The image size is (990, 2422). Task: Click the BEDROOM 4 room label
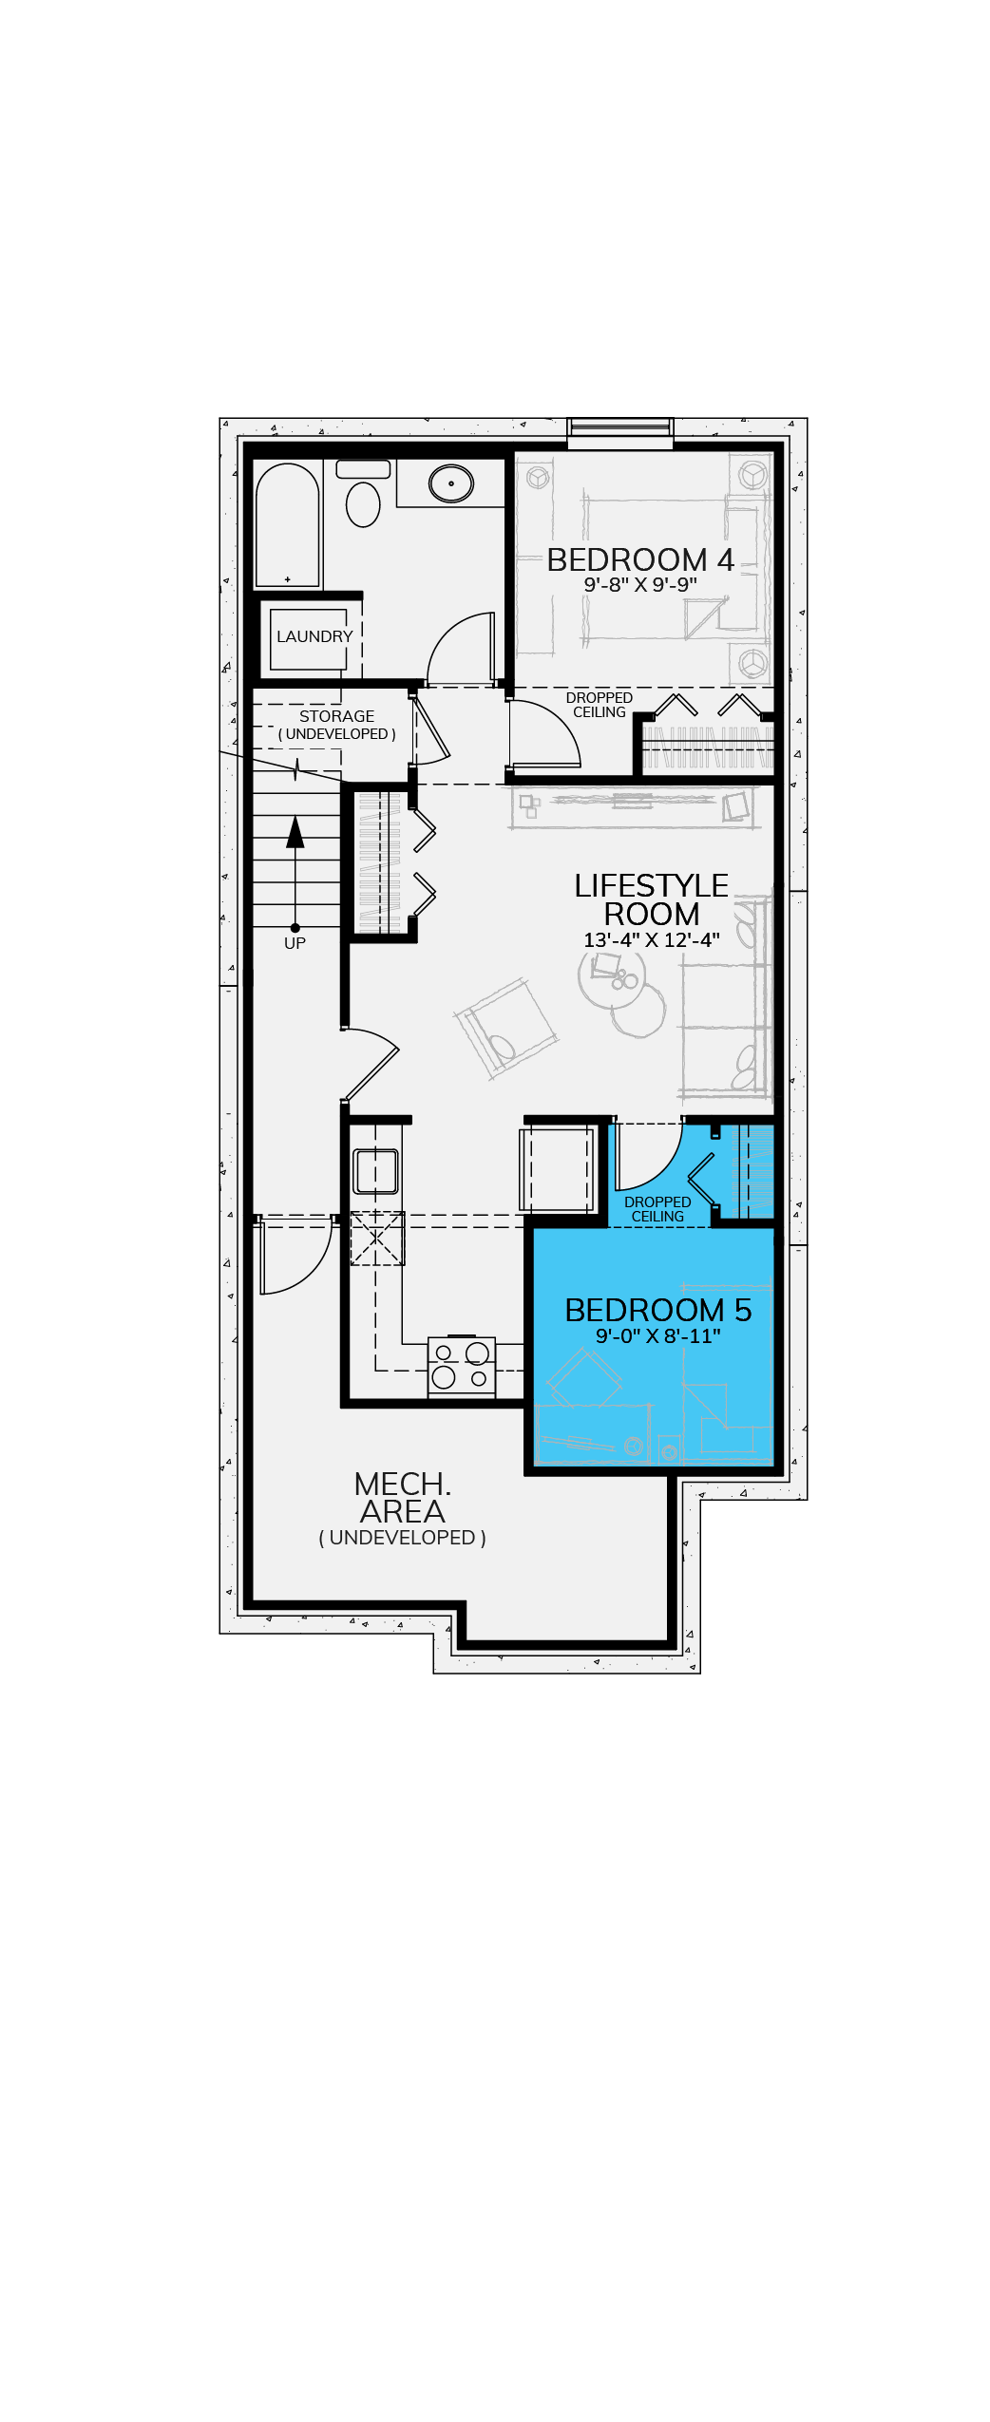(x=640, y=559)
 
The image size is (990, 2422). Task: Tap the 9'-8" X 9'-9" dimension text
(x=640, y=585)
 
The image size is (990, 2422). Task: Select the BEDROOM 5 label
(x=658, y=1310)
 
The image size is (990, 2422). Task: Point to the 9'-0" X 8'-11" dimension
(x=658, y=1336)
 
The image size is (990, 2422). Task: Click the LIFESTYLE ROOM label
(x=652, y=899)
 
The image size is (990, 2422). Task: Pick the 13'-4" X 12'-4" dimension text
(x=652, y=940)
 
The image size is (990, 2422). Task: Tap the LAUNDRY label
(x=314, y=636)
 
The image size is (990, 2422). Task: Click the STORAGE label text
(x=336, y=716)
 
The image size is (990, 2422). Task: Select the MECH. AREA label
(x=402, y=1498)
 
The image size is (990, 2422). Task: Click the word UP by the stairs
(x=295, y=943)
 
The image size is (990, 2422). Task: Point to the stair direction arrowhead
(x=295, y=832)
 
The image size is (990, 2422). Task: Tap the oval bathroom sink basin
(x=451, y=483)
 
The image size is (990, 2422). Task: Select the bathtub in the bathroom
(x=288, y=525)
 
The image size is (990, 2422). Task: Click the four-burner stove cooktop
(x=462, y=1366)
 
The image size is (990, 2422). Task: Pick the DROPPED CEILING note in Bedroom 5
(x=657, y=1209)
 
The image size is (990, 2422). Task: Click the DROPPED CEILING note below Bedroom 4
(x=600, y=705)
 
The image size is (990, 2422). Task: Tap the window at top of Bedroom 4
(x=620, y=432)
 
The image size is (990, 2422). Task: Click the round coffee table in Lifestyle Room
(x=612, y=976)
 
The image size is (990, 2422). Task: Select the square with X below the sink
(x=377, y=1239)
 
